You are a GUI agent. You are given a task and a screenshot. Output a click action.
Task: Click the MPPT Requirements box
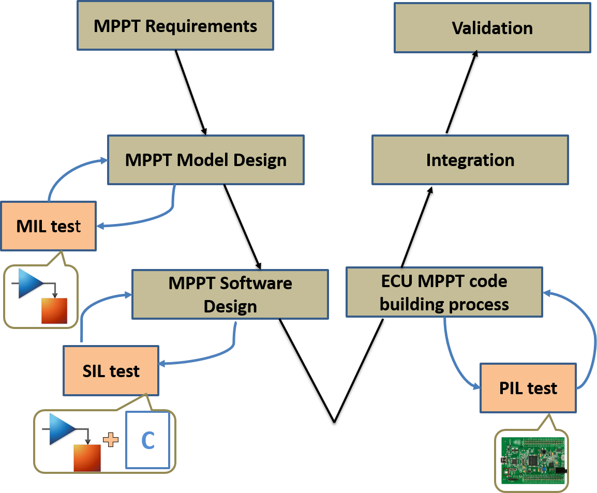[175, 25]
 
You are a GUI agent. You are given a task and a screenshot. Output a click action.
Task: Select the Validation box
[492, 27]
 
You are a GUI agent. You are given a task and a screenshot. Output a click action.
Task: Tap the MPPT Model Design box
[205, 160]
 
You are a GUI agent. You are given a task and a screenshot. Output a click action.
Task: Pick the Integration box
[470, 160]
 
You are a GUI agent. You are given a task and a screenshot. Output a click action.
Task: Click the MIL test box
[48, 226]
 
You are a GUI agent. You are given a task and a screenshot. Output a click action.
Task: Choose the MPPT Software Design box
[230, 294]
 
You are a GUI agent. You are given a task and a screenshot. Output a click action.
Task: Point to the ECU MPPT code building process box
[444, 292]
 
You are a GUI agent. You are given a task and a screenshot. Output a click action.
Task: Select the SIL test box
[111, 371]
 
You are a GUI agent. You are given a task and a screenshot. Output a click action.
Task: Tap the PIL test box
[528, 388]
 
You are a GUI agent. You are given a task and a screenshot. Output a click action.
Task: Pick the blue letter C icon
[148, 441]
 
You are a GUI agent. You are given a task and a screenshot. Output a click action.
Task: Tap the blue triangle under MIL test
[29, 283]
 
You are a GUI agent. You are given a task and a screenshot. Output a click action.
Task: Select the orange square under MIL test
[54, 311]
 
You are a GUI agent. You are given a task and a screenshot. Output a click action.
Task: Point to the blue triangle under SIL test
[61, 428]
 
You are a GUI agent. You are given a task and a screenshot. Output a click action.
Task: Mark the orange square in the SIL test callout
[86, 457]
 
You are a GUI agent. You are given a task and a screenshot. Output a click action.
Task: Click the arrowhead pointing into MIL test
[101, 226]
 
